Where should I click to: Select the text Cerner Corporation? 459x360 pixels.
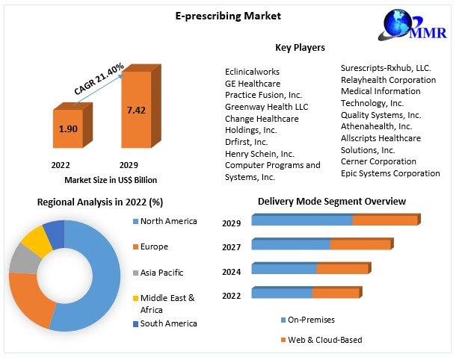point(378,161)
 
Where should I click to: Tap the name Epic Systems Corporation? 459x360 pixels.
point(390,173)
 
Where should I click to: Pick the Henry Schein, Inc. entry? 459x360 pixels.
point(259,154)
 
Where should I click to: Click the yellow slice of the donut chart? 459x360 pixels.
point(32,240)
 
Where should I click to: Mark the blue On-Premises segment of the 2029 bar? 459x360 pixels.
point(301,220)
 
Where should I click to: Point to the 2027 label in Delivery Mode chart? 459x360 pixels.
point(232,247)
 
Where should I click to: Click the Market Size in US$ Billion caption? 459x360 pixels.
point(110,180)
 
